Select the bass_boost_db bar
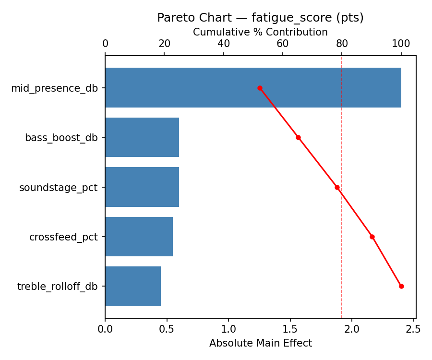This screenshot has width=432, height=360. (142, 137)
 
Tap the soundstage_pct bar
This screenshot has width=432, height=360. (142, 187)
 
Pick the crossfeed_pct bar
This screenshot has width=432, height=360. (139, 237)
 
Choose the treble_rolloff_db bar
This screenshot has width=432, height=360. (133, 286)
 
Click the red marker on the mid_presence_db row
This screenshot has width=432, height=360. (260, 88)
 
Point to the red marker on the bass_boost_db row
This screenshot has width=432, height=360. (298, 137)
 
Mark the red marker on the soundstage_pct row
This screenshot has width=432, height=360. (337, 187)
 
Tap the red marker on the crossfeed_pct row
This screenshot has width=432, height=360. (372, 237)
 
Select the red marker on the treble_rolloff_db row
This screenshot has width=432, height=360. (401, 286)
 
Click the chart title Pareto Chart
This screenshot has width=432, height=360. (260, 18)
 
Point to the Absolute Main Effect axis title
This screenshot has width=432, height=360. (260, 343)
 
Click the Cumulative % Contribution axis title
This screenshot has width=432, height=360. (260, 32)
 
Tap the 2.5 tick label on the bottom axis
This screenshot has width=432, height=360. (413, 329)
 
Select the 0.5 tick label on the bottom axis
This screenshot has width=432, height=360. (167, 329)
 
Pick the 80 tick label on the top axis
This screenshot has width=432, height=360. (342, 44)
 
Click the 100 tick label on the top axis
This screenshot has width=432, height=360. (401, 44)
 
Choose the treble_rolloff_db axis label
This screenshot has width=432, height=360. (57, 287)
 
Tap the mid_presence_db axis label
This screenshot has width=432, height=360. (54, 88)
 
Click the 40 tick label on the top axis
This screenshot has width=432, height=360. (224, 44)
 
